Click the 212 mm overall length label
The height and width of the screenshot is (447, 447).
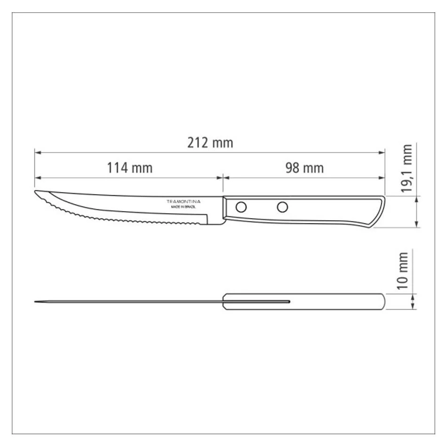[x=210, y=143]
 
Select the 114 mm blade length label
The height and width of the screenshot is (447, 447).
[x=130, y=168]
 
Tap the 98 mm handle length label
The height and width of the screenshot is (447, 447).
[x=304, y=168]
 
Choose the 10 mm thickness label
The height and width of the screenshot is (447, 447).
[x=402, y=271]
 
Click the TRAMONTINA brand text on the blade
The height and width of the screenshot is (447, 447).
[x=184, y=201]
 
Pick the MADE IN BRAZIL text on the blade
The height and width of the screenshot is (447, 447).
[x=184, y=207]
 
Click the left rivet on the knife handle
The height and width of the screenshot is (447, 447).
[x=241, y=207]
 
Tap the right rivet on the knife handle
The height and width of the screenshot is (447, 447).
[x=282, y=207]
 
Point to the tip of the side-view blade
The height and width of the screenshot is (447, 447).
[x=35, y=191]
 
